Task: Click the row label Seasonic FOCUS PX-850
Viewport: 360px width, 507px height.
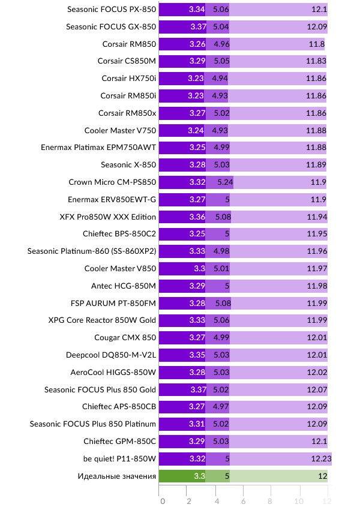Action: pyautogui.click(x=111, y=9)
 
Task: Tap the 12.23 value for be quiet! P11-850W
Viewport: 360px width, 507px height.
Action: pyautogui.click(x=320, y=459)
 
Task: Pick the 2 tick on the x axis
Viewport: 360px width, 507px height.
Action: pyautogui.click(x=189, y=500)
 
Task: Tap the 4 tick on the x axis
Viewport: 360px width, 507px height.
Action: pyautogui.click(x=217, y=500)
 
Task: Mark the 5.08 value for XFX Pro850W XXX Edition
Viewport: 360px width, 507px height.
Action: pyautogui.click(x=223, y=217)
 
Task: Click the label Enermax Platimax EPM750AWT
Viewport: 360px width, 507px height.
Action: pyautogui.click(x=98, y=148)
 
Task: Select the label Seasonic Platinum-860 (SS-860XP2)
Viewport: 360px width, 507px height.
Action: pyautogui.click(x=92, y=251)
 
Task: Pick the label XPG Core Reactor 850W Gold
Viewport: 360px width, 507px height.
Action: pyautogui.click(x=102, y=320)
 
